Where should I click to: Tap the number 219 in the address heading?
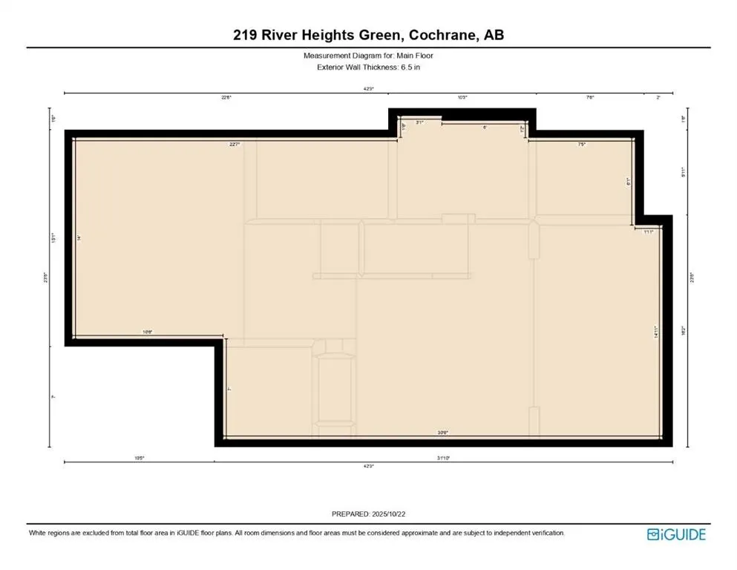click(242, 35)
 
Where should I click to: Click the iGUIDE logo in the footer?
click(676, 534)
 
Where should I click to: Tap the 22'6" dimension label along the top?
click(226, 97)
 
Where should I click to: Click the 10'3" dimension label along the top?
click(462, 97)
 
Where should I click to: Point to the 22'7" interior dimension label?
click(235, 145)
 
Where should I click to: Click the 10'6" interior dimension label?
click(148, 332)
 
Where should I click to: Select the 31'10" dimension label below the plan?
click(444, 458)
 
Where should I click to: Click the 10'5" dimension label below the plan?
click(139, 458)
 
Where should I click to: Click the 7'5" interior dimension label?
click(582, 145)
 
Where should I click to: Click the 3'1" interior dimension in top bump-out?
click(419, 122)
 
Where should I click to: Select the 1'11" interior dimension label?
click(647, 232)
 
